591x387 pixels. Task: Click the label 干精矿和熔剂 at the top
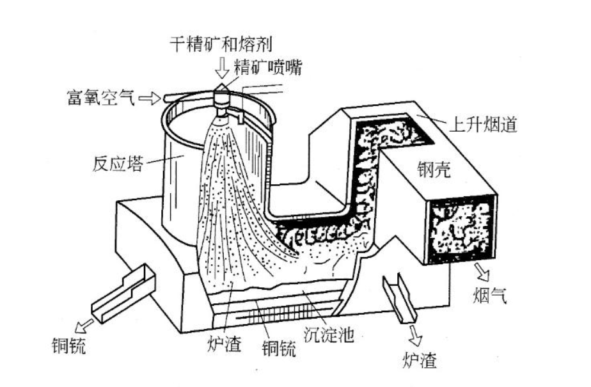pyautogui.click(x=221, y=45)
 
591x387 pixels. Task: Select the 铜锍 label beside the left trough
pyautogui.click(x=67, y=347)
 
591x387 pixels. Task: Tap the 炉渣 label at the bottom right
pyautogui.click(x=420, y=361)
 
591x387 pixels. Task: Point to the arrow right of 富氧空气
pyautogui.click(x=148, y=98)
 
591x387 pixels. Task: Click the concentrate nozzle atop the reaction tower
pyautogui.click(x=221, y=96)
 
